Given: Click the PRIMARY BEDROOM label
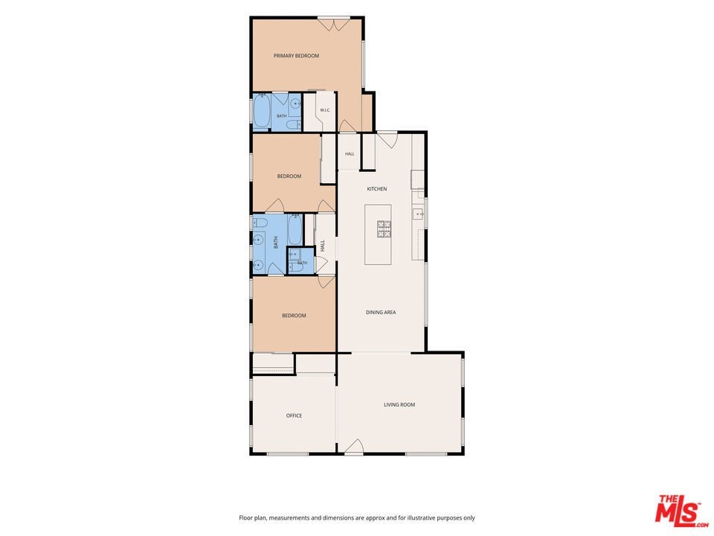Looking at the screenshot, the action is pyautogui.click(x=296, y=56).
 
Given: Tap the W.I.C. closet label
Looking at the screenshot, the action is pyautogui.click(x=325, y=110).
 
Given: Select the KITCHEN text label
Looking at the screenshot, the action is pyautogui.click(x=377, y=188).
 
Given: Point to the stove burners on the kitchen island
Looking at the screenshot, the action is pyautogui.click(x=384, y=229).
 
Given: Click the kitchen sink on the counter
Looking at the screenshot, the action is pyautogui.click(x=419, y=214).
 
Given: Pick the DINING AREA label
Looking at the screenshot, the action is pyautogui.click(x=381, y=312).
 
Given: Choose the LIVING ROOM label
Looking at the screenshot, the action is pyautogui.click(x=399, y=404).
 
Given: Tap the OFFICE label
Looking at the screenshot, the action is pyautogui.click(x=295, y=415).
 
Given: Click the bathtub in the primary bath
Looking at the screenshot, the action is pyautogui.click(x=262, y=111).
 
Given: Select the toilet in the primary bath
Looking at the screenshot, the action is pyautogui.click(x=295, y=124).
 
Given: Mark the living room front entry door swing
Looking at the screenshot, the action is pyautogui.click(x=354, y=447).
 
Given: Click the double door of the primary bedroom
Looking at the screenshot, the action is pyautogui.click(x=334, y=24).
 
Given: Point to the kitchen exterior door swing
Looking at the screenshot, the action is pyautogui.click(x=387, y=140).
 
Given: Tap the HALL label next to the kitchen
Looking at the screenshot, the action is pyautogui.click(x=350, y=153).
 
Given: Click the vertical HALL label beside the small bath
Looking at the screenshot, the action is pyautogui.click(x=323, y=246).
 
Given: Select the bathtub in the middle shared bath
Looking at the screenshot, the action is pyautogui.click(x=295, y=230).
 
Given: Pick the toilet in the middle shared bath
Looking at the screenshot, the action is pyautogui.click(x=260, y=223).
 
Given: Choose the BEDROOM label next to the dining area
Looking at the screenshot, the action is pyautogui.click(x=294, y=316).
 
